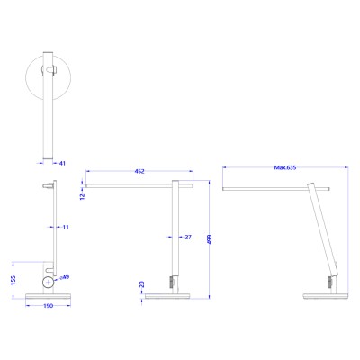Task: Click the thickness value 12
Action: pyautogui.click(x=82, y=194)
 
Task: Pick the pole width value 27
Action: pyautogui.click(x=186, y=237)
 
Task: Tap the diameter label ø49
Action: pyautogui.click(x=66, y=278)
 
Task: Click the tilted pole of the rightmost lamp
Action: pyautogui.click(x=322, y=234)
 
